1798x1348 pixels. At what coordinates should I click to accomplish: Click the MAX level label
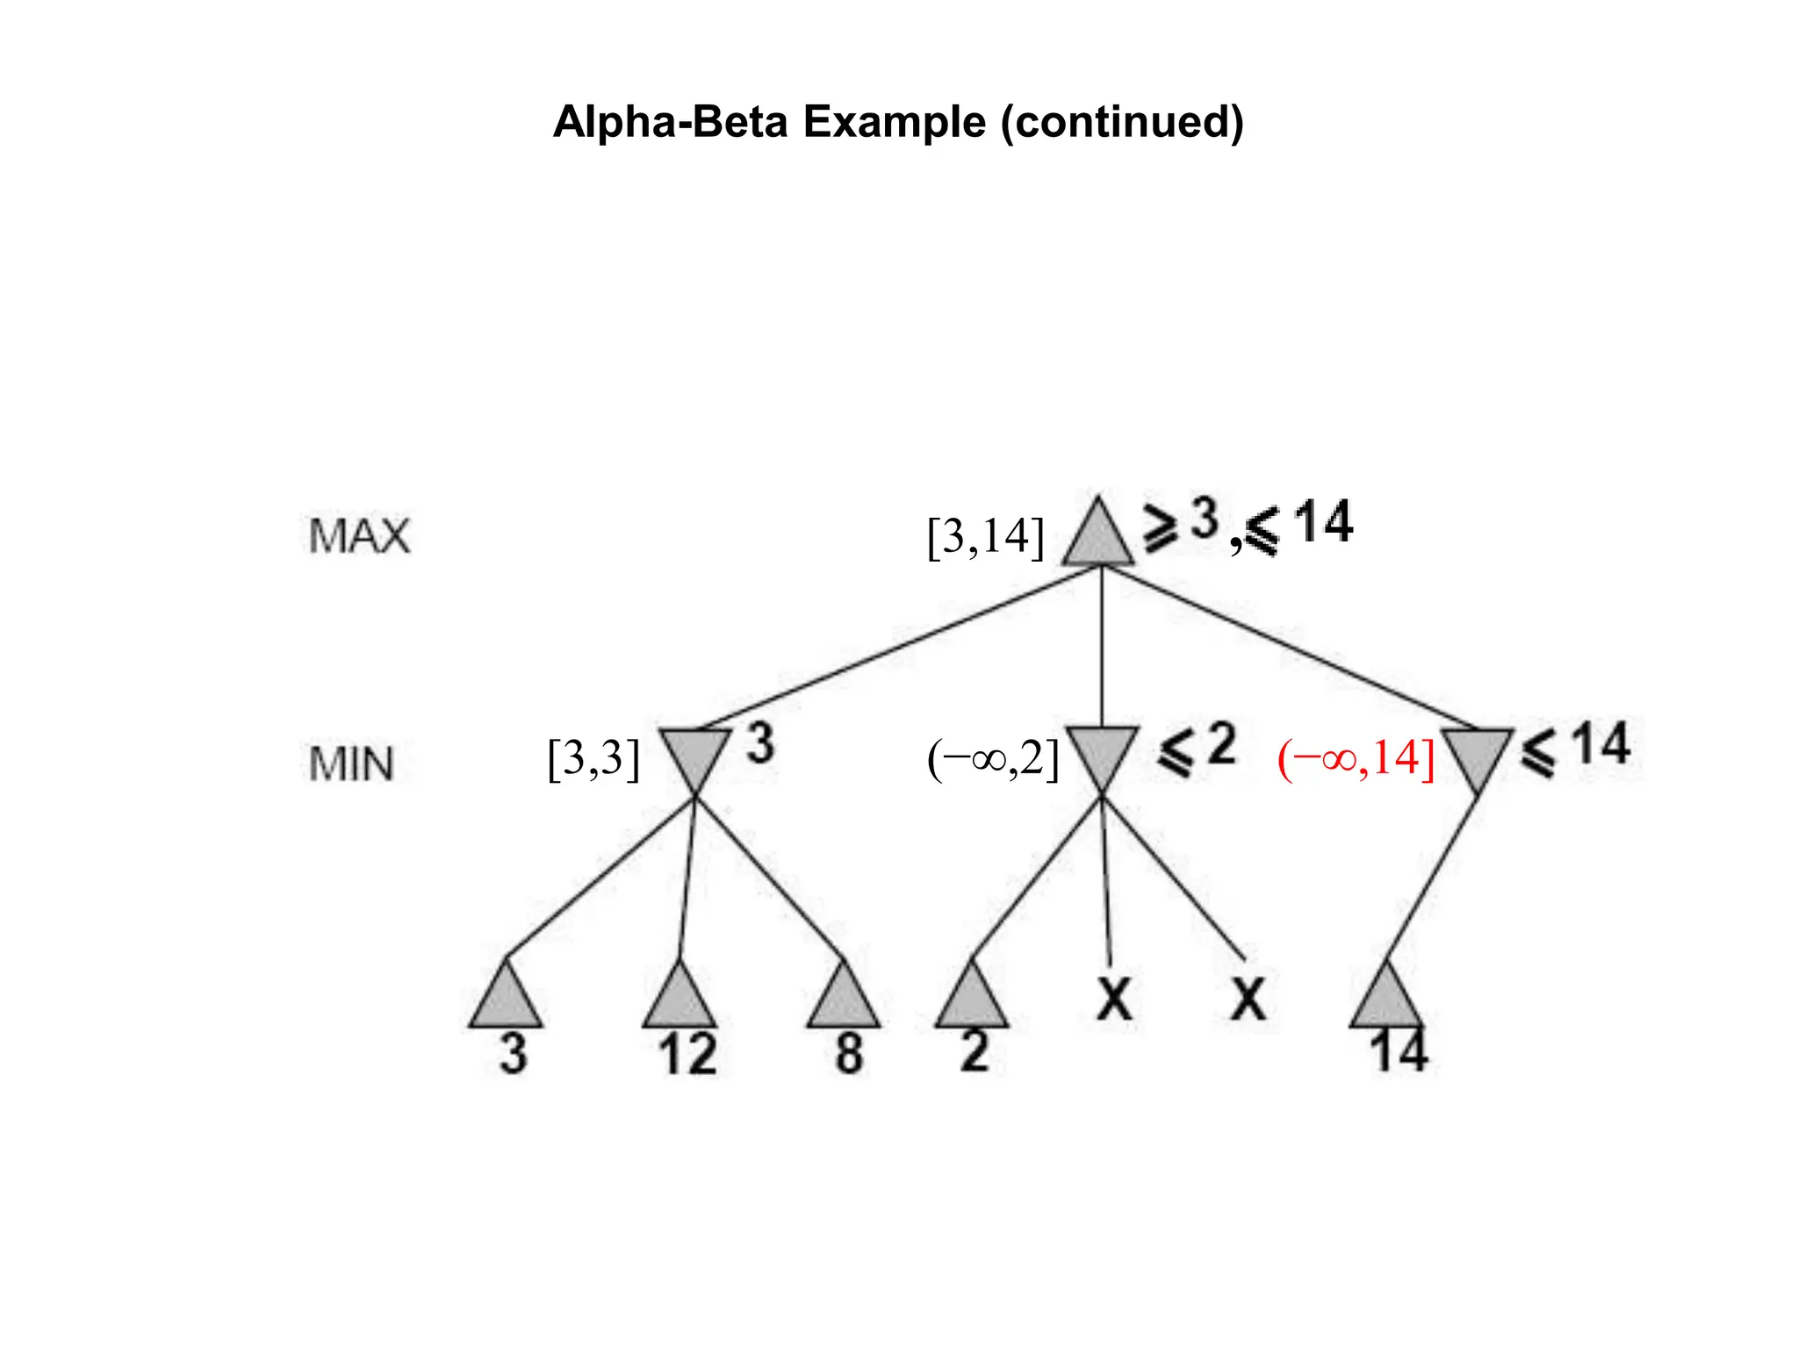click(359, 536)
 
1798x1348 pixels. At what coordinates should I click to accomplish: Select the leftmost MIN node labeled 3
click(694, 755)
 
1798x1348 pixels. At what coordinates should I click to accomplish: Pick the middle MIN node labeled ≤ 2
click(1102, 755)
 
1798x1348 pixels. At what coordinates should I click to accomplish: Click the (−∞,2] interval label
click(993, 759)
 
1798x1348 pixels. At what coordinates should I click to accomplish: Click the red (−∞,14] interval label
click(1356, 759)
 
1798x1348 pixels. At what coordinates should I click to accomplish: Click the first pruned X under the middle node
click(1114, 999)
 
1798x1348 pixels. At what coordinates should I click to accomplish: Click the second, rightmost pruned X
click(1248, 999)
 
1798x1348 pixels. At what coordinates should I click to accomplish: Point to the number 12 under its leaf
click(687, 1054)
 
